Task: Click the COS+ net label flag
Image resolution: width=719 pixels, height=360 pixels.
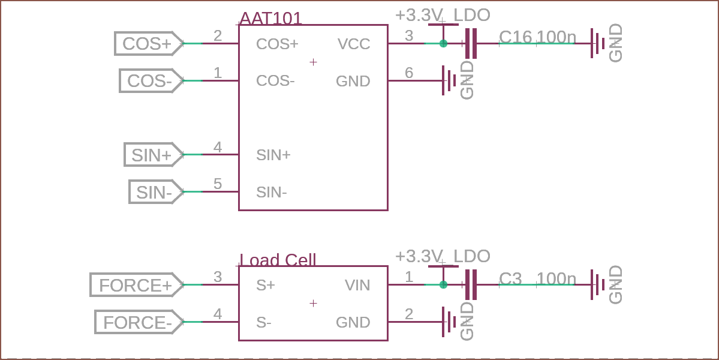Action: (149, 44)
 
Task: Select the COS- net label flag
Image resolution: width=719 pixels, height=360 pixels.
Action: (151, 81)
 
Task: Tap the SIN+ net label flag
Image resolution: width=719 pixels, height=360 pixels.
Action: (154, 155)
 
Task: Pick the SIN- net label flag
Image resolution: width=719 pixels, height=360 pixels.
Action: (156, 191)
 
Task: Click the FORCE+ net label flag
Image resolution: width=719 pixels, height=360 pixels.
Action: (137, 285)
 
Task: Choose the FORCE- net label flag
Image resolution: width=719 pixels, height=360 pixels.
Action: (139, 322)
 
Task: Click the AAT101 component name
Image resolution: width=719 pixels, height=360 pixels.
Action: (271, 19)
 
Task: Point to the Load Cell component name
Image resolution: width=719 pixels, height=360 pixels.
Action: (278, 260)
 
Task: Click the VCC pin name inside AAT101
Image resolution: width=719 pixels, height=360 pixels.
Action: (354, 44)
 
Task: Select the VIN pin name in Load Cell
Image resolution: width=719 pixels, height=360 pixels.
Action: (357, 285)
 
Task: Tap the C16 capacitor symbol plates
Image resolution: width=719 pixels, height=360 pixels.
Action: (471, 44)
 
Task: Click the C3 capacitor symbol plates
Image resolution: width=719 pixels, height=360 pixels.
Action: (471, 285)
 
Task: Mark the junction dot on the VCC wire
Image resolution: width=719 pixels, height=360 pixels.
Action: (443, 44)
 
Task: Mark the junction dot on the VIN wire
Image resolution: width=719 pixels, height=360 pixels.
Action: (443, 285)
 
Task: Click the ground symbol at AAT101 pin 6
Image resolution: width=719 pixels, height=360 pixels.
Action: (449, 81)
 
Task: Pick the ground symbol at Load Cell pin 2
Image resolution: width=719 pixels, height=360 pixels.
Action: (449, 322)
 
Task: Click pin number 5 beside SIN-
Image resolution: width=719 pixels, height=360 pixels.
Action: (218, 184)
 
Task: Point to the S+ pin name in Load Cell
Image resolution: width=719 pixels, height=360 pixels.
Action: (266, 285)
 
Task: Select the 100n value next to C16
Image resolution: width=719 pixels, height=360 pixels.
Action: (556, 37)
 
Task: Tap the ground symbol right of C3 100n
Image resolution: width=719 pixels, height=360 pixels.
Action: (598, 285)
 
